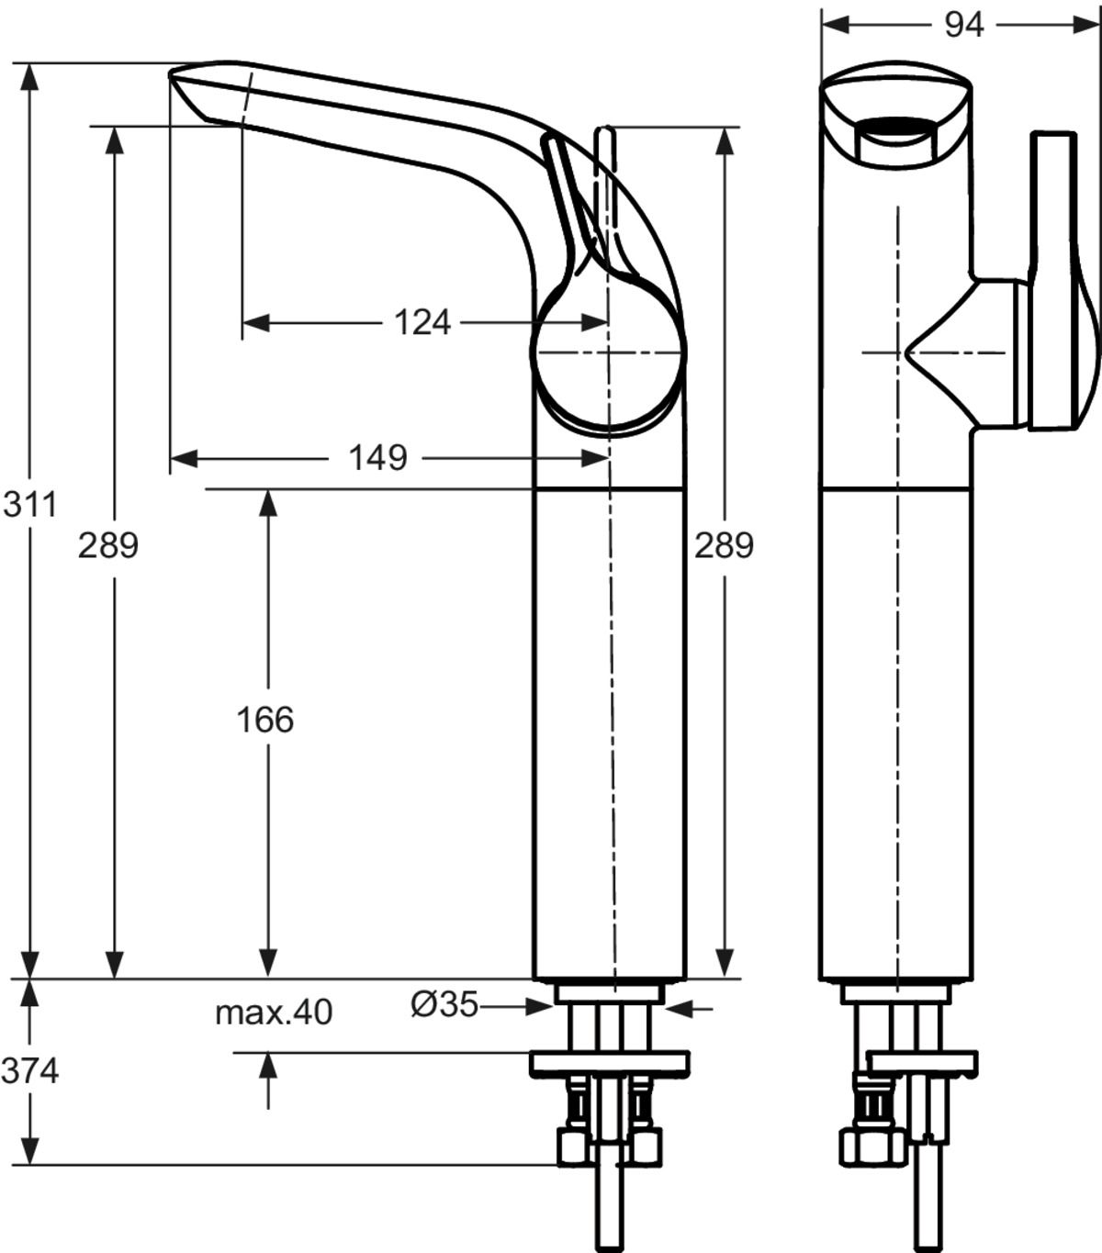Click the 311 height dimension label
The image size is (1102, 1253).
pos(29,505)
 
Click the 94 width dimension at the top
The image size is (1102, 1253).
pos(963,25)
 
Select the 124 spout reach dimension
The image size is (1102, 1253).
pos(422,322)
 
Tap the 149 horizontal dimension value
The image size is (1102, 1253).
pos(377,456)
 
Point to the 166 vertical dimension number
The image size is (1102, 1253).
pos(265,720)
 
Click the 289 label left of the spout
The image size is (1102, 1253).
pos(108,545)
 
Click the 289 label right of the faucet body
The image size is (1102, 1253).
pos(724,545)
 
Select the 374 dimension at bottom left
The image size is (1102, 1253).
pos(29,1070)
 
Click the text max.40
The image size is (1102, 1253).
pos(274,1012)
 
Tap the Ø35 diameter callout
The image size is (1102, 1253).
pos(444,1005)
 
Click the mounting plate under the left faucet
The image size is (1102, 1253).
pos(609,1064)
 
